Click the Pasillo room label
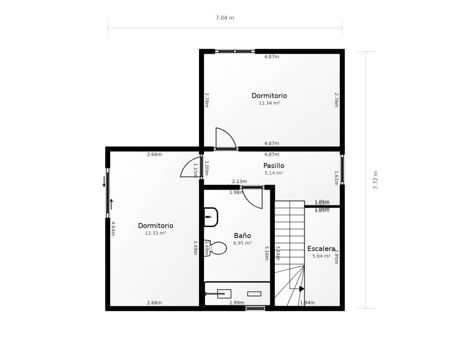tap(274, 166)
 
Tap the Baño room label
tap(242, 236)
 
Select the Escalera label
tap(321, 249)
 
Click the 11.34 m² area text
tap(269, 103)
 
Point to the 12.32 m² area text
tap(155, 233)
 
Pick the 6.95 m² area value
tap(242, 243)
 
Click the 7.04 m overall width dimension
tap(225, 18)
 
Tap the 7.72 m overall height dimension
tap(375, 180)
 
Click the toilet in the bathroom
tap(217, 248)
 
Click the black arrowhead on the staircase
tap(302, 289)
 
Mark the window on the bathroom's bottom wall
tap(255, 309)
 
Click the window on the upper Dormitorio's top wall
tap(235, 51)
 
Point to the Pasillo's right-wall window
tap(342, 169)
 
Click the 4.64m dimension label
tap(113, 229)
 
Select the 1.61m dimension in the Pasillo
tap(336, 178)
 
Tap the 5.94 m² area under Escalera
tap(321, 256)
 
